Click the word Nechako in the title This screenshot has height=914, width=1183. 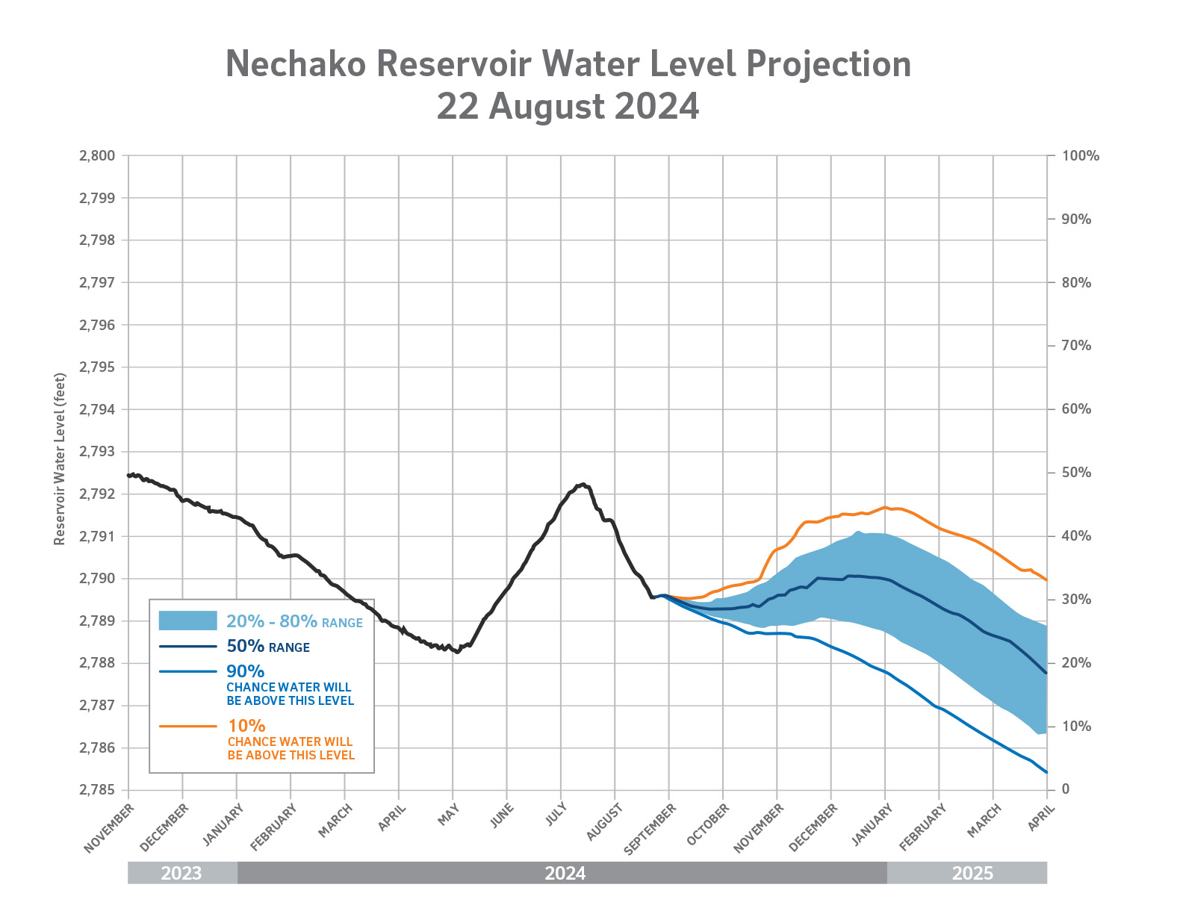[x=295, y=64]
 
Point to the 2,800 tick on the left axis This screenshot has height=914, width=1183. [x=97, y=156]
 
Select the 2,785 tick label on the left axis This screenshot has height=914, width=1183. [x=97, y=790]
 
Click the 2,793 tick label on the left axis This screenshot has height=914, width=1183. [x=97, y=452]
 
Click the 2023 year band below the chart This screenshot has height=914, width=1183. [x=181, y=873]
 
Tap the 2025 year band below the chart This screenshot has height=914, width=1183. [x=972, y=873]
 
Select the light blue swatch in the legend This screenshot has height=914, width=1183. [x=187, y=621]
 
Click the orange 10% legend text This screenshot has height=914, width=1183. [x=246, y=726]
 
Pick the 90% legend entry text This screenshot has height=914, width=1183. [x=245, y=671]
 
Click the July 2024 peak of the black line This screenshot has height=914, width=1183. [x=583, y=484]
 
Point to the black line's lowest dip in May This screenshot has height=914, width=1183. [x=457, y=652]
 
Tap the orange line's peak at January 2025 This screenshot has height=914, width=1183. [x=885, y=507]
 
